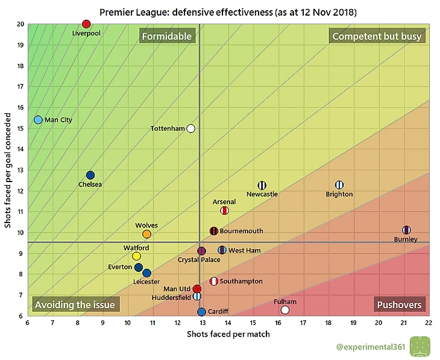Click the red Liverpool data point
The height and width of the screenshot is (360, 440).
86,24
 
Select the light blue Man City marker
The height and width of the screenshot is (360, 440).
38,120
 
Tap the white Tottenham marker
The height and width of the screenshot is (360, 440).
191,128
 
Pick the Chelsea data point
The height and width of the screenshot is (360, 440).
90,175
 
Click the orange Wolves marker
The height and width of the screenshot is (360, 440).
146,234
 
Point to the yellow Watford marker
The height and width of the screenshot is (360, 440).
137,256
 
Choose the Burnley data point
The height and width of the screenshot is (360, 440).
406,230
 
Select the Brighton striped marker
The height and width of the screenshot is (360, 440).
339,185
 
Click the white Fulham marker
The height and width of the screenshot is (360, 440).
285,310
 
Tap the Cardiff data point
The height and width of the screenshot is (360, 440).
201,312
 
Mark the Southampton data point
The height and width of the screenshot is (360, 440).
214,281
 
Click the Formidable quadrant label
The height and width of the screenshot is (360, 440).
166,36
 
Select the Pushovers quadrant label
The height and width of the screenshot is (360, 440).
399,305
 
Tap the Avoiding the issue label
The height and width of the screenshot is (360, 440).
75,305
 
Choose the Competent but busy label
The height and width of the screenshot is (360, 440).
377,36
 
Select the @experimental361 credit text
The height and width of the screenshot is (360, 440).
371,347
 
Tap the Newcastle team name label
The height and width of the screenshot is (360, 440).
262,194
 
